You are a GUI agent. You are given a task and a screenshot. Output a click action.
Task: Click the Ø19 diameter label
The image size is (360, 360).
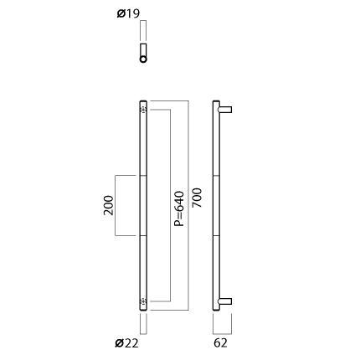[128, 13]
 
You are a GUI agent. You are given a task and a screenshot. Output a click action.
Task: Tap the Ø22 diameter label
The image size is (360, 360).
[126, 343]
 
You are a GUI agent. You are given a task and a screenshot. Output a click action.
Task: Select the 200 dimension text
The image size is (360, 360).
[109, 205]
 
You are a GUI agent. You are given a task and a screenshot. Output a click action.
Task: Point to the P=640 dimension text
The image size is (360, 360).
[179, 208]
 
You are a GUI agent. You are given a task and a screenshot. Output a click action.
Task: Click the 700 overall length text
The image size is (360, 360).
[197, 198]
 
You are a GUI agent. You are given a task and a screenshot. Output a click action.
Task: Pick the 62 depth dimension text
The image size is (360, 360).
[220, 343]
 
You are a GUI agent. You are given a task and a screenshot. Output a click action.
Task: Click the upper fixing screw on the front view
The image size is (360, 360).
[143, 110]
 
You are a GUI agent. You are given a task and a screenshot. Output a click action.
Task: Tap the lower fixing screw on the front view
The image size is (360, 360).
[143, 301]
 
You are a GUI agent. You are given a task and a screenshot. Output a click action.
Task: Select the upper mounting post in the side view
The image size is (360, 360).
[225, 110]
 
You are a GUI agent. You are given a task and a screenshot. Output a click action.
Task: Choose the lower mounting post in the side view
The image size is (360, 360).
[225, 301]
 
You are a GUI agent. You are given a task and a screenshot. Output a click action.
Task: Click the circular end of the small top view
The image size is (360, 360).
[143, 59]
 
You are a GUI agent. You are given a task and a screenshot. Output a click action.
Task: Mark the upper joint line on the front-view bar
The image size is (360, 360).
[143, 176]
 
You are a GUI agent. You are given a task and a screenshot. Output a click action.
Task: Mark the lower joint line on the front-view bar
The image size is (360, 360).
[143, 235]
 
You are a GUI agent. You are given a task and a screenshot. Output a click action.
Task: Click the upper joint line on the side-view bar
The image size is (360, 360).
[216, 176]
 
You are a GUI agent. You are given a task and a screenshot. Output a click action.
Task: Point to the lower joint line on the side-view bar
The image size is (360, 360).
[216, 235]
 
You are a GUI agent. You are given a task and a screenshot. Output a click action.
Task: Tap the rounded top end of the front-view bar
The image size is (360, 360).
[143, 101]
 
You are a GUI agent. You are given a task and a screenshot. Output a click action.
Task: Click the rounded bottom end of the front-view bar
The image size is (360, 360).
[143, 309]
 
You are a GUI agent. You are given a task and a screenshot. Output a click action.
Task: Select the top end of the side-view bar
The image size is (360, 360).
[216, 101]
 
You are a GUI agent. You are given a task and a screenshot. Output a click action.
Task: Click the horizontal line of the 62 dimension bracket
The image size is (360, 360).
[222, 334]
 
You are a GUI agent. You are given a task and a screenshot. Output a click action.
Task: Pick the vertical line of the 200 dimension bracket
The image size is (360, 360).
[116, 205]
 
